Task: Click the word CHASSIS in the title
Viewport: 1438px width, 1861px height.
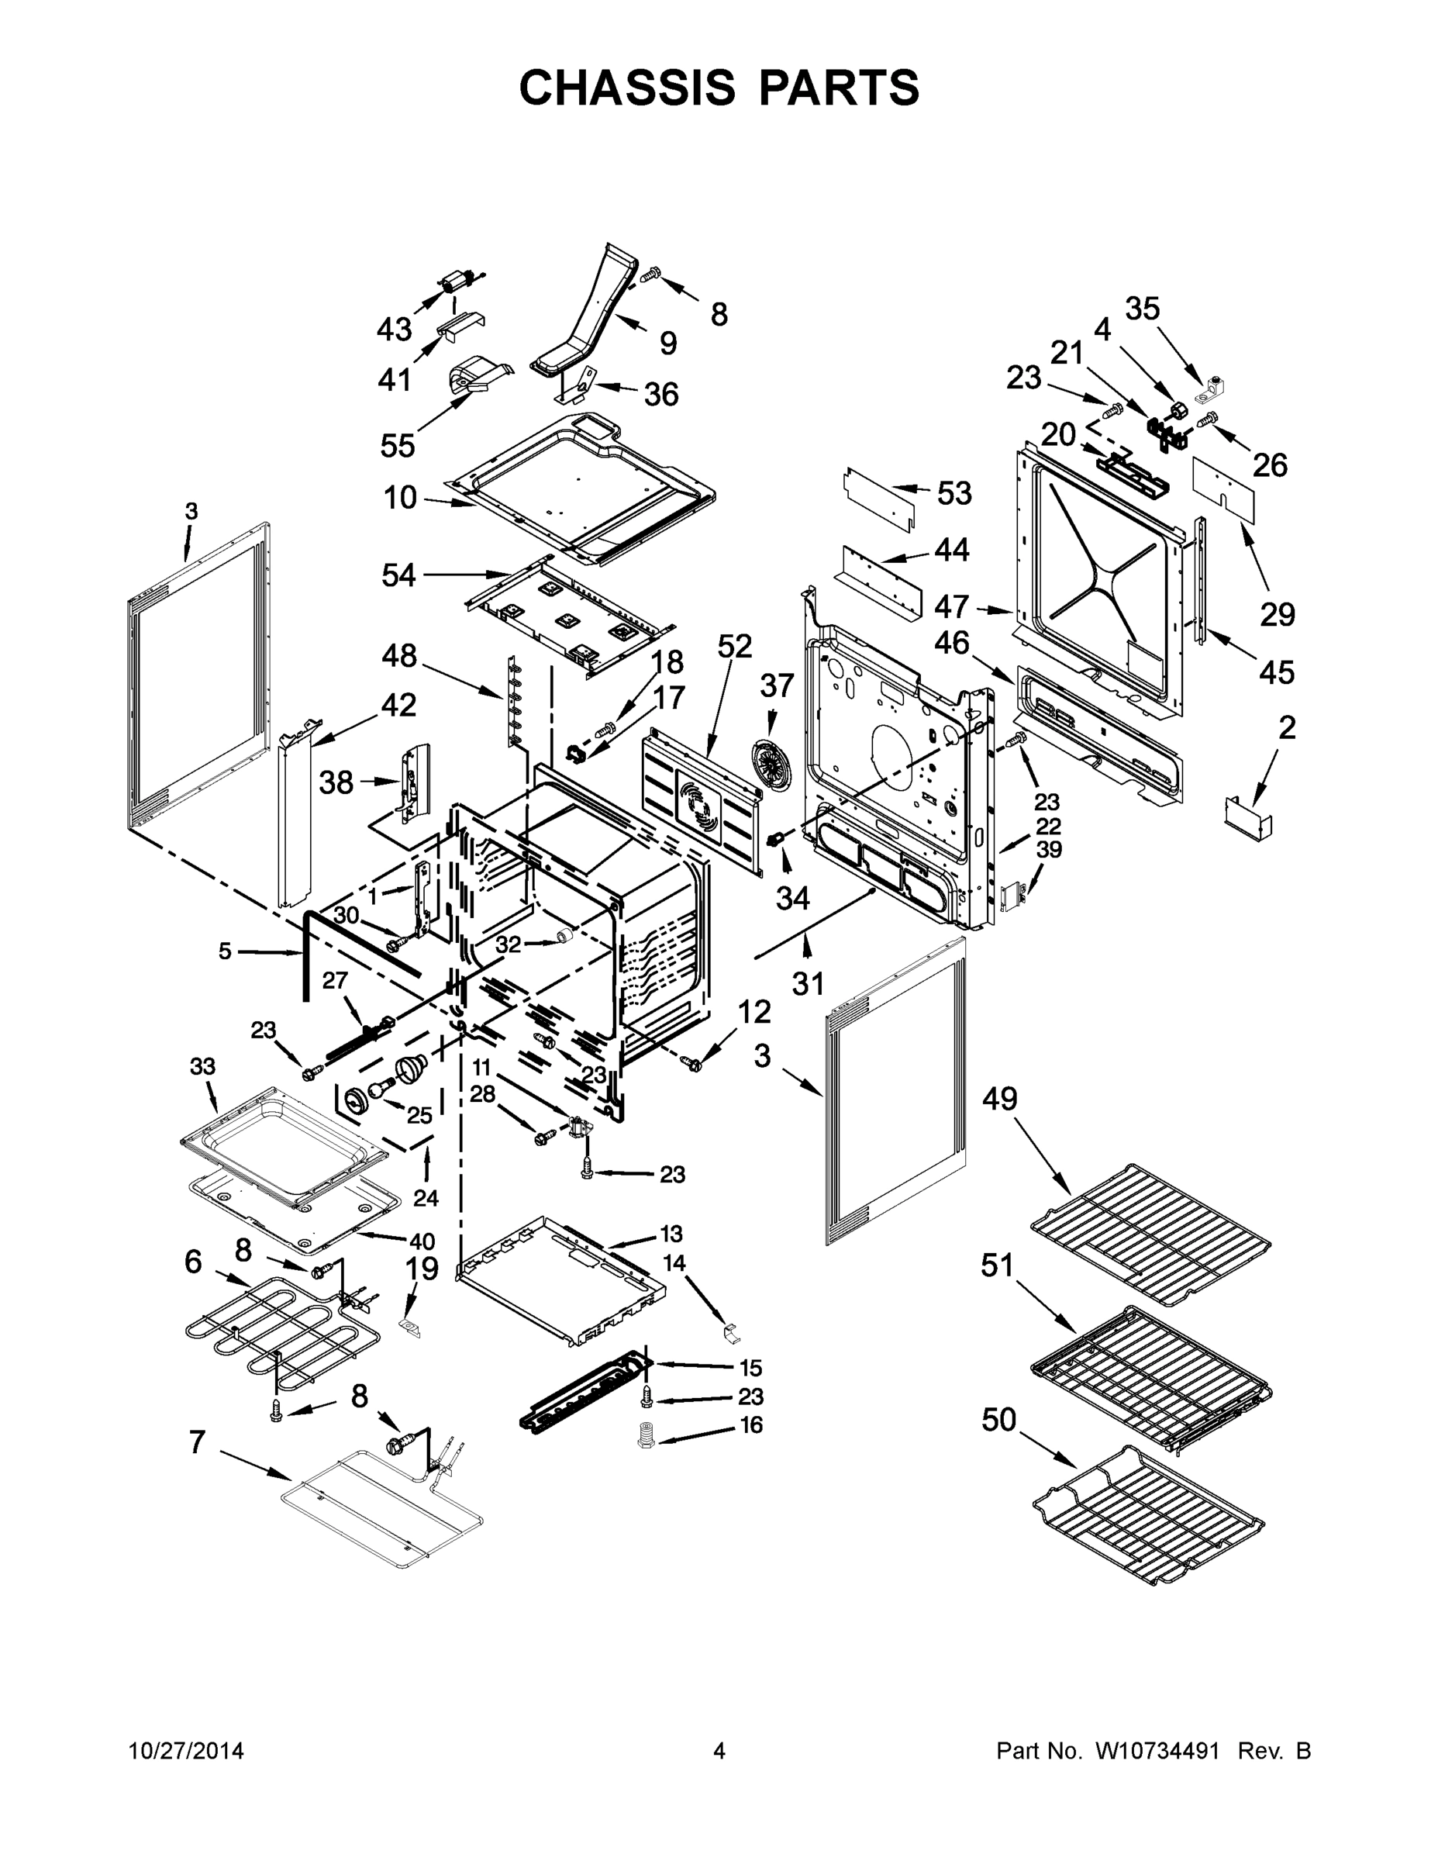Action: click(x=627, y=88)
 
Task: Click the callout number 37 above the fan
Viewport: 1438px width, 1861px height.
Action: click(x=777, y=685)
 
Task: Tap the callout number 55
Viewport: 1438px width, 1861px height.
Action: click(x=398, y=446)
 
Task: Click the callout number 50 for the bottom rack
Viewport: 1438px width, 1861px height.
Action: click(x=999, y=1420)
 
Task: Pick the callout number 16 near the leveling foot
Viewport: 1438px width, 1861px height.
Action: click(x=750, y=1424)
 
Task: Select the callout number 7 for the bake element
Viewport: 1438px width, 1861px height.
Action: click(x=197, y=1441)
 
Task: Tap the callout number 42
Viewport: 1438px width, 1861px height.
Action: click(x=398, y=705)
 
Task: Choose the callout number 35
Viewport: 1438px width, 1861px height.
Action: click(x=1143, y=309)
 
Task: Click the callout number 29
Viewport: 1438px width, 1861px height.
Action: click(x=1277, y=613)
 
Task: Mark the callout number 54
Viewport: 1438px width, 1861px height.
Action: click(x=398, y=575)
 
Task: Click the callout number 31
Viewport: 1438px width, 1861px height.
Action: click(x=809, y=983)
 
